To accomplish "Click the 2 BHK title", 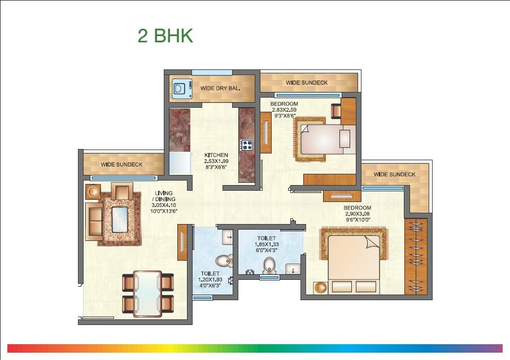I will [x=165, y=36].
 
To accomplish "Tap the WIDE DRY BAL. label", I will [x=221, y=89].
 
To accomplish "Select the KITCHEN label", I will [x=216, y=155].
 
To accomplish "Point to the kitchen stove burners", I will [x=247, y=145].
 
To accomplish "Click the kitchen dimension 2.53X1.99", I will [x=216, y=161].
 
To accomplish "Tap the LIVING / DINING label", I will [x=164, y=196].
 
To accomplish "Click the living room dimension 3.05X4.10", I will [x=164, y=205].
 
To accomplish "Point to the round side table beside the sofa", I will [x=92, y=191].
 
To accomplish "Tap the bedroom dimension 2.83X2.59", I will [x=284, y=110].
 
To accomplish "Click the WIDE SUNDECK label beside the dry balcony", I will [x=307, y=83].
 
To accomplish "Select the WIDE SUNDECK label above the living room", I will [x=121, y=165].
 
